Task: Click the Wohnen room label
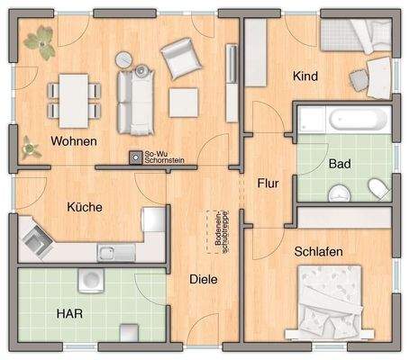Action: click(74, 142)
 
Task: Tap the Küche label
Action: click(85, 207)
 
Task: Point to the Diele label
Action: click(204, 279)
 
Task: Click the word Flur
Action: click(268, 184)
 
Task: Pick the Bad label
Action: click(339, 165)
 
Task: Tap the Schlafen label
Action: click(318, 253)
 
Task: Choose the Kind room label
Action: click(305, 77)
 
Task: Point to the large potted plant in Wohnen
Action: click(38, 41)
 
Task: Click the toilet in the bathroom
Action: click(378, 187)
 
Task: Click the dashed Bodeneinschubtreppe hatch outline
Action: click(217, 231)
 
